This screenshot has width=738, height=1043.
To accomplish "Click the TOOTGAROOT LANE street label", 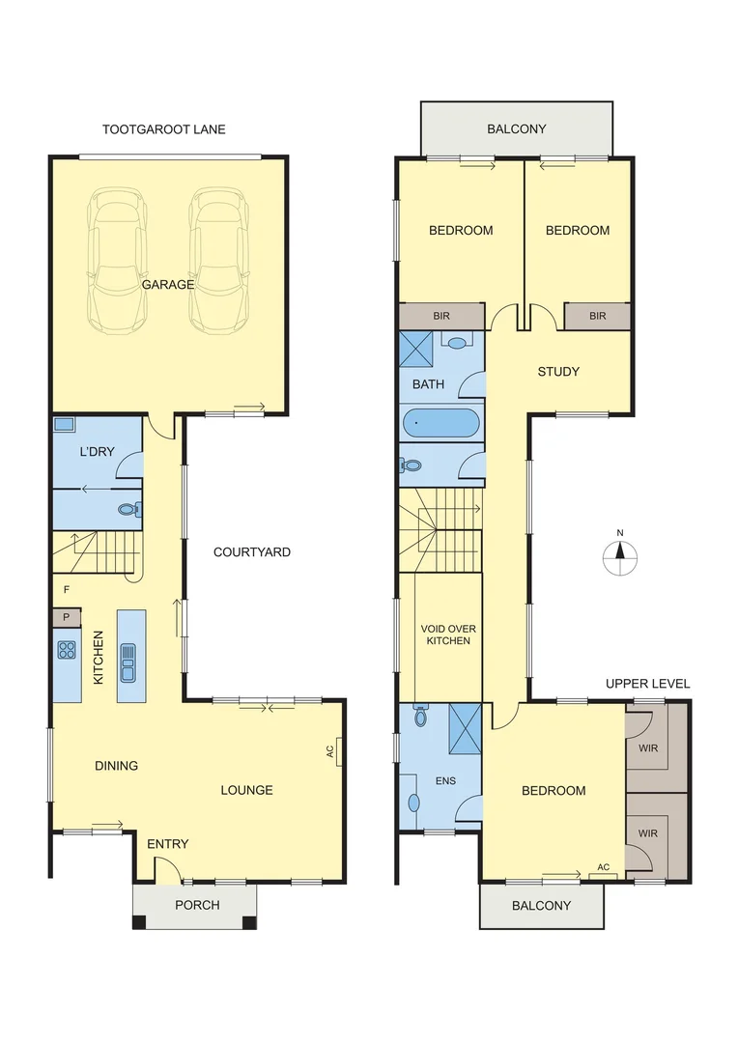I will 164,128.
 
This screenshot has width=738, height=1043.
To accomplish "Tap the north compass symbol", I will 620,552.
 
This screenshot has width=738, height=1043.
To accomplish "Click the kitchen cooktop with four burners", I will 67,650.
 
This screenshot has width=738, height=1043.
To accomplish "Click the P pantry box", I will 67,616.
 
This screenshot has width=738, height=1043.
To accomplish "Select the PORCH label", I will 197,905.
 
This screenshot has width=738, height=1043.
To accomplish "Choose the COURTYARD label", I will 251,552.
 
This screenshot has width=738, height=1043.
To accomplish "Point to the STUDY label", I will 558,371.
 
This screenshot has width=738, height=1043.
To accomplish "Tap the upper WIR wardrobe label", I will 647,747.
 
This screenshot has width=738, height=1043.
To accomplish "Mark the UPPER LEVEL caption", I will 647,684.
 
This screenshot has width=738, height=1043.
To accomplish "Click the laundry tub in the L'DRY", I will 65,424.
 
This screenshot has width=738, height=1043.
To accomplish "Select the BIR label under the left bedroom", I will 442,316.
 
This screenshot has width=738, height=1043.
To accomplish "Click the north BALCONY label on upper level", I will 516,128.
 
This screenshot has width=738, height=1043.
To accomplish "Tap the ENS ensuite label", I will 444,781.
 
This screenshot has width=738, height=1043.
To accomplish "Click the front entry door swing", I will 167,871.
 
